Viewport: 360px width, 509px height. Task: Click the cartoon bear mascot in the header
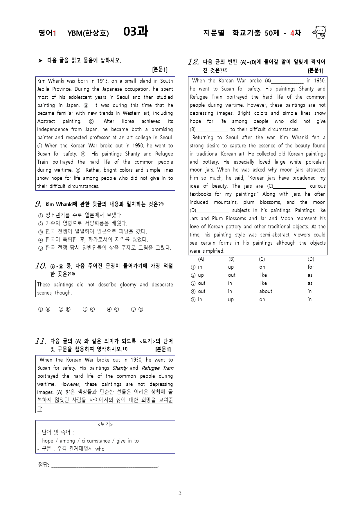[x=319, y=32]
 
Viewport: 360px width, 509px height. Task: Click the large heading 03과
[x=136, y=31]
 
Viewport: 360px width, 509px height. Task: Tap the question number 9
[x=38, y=204]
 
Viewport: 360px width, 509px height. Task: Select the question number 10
[x=41, y=266]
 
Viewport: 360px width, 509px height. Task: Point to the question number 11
[x=41, y=341]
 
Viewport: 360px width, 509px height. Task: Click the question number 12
[x=193, y=62]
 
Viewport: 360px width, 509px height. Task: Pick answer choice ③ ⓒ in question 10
[x=89, y=309]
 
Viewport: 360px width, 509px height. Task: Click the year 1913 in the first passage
[x=103, y=81]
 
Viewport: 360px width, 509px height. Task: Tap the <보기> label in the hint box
[x=105, y=424]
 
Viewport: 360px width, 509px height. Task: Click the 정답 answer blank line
[x=105, y=465]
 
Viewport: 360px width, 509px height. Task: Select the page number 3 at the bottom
[x=180, y=493]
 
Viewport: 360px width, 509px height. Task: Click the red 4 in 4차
[x=292, y=33]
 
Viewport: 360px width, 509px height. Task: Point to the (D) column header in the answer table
[x=311, y=259]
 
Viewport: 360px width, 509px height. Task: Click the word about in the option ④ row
[x=266, y=291]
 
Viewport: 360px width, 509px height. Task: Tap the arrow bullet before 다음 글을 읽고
[x=40, y=61]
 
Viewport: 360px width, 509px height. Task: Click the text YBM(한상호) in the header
[x=88, y=33]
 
